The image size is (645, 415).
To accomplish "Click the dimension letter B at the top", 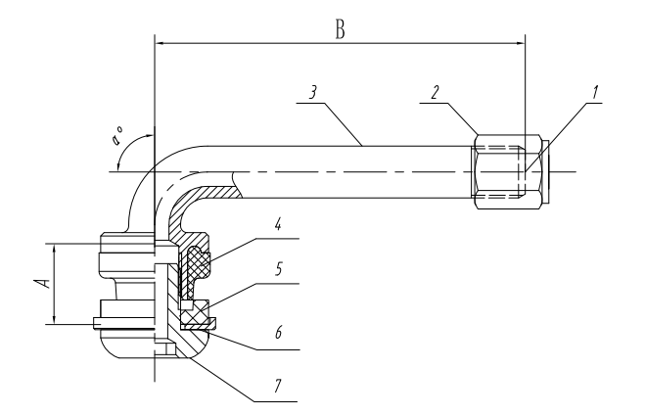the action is tap(340, 30).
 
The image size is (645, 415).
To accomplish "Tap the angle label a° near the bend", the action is tap(117, 137).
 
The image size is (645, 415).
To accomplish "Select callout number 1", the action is tap(595, 93).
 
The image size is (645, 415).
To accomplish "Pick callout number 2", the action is tap(436, 93).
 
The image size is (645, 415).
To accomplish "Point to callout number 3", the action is tap(313, 93).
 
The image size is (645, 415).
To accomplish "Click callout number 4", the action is tap(278, 224).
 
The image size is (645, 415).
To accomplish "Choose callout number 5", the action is tap(279, 269).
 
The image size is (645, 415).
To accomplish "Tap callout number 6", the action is tap(279, 332).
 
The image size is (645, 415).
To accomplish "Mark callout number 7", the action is tap(278, 386).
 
